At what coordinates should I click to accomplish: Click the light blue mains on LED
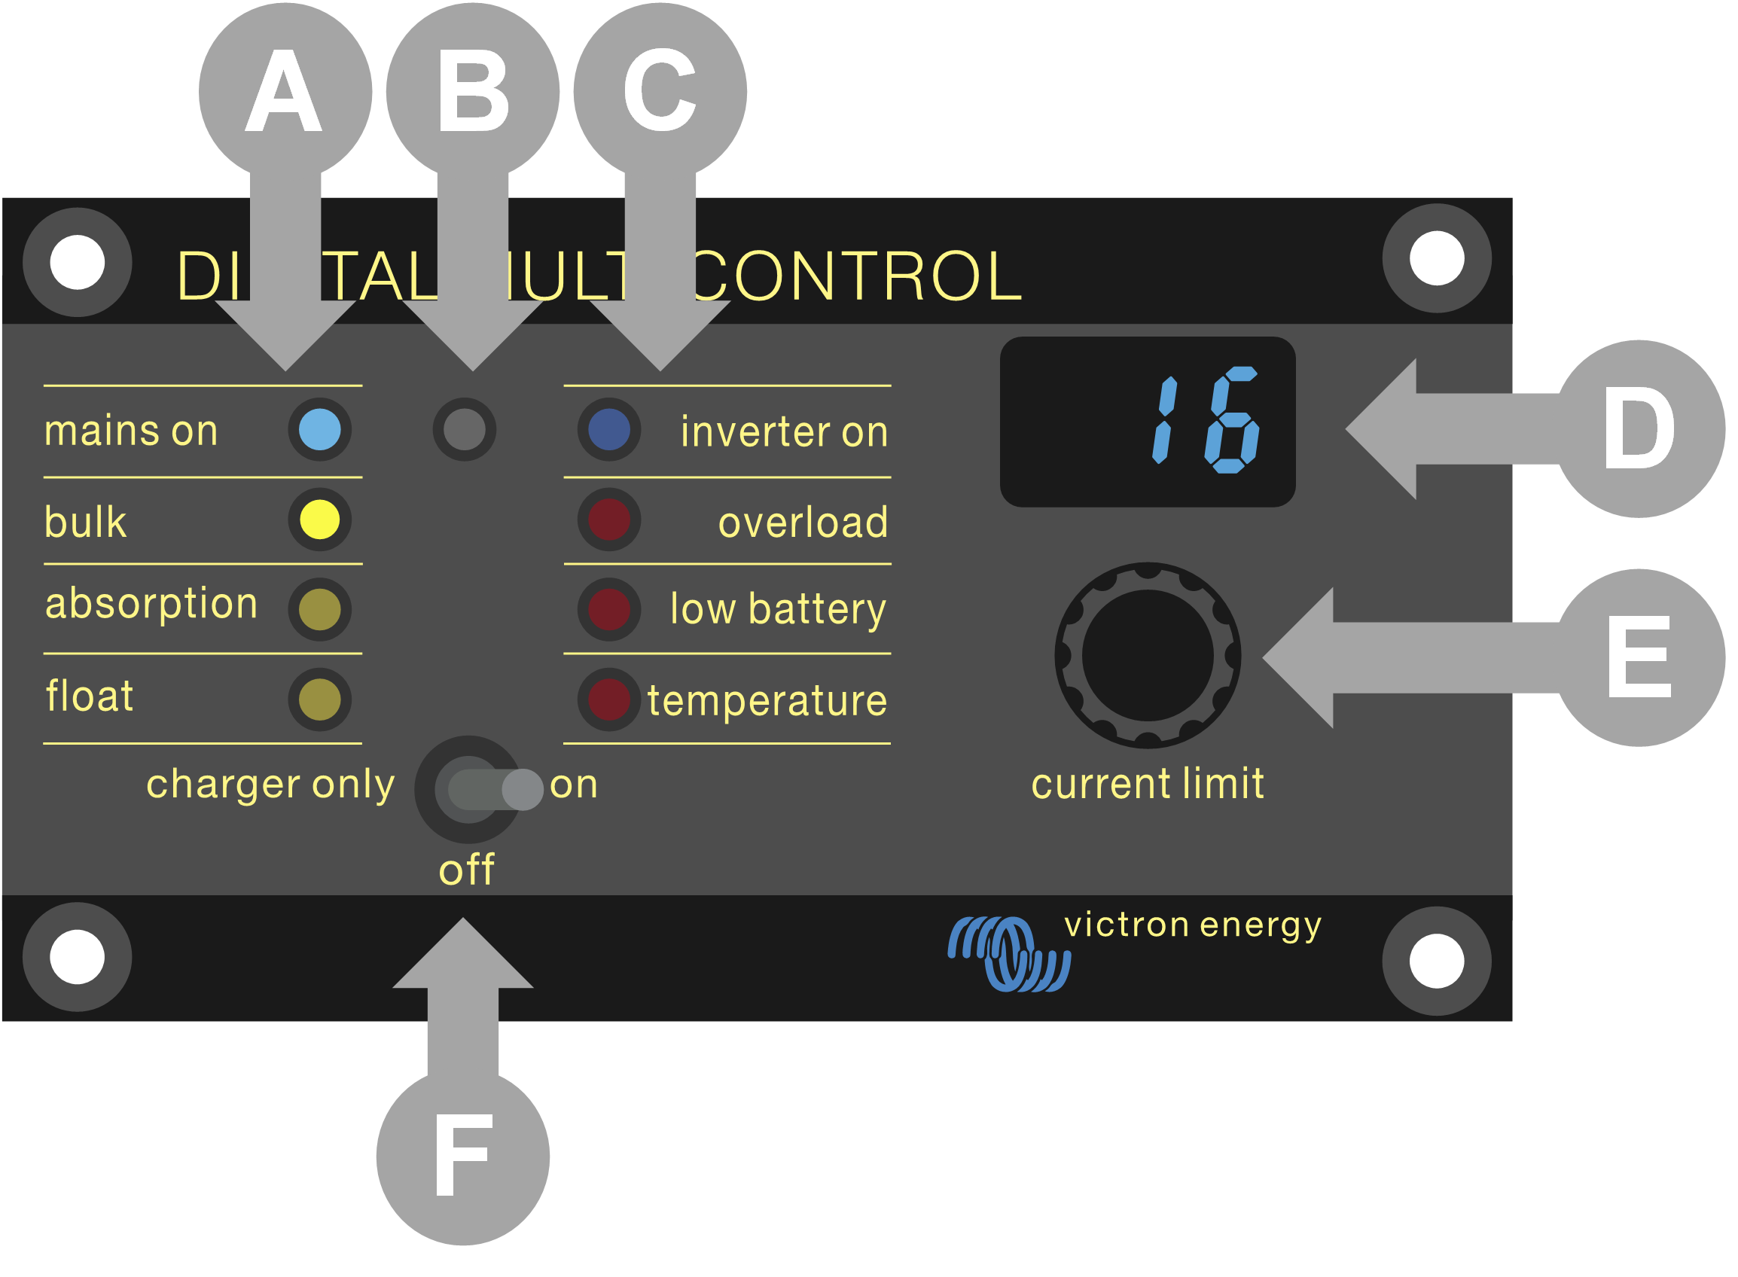pos(319,430)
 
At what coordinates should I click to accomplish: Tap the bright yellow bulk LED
pos(319,520)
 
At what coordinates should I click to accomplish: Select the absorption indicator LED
pos(319,609)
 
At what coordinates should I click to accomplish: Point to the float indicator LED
pos(319,699)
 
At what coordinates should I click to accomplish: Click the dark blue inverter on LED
pos(609,430)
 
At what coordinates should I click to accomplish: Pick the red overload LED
pos(609,520)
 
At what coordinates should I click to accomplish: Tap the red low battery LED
pos(609,609)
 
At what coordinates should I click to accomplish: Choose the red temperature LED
pos(609,699)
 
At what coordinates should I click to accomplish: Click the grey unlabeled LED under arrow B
pos(465,430)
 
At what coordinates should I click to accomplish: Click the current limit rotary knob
pos(1148,656)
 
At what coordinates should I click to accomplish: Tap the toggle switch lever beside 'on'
pos(523,790)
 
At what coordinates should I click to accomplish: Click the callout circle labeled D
pos(1639,429)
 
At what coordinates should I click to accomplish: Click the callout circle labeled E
pos(1639,658)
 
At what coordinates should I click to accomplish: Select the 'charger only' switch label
pos(270,785)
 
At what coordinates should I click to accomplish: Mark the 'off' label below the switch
pos(466,870)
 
